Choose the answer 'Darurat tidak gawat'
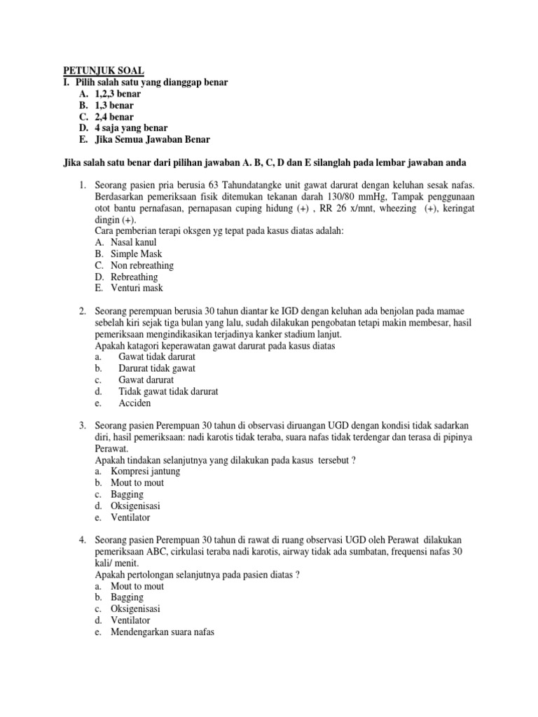157,368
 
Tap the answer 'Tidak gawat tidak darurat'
168,391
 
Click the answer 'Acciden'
135,403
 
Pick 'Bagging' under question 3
127,494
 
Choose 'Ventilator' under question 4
130,620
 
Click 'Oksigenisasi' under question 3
136,506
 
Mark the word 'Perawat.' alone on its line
111,448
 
